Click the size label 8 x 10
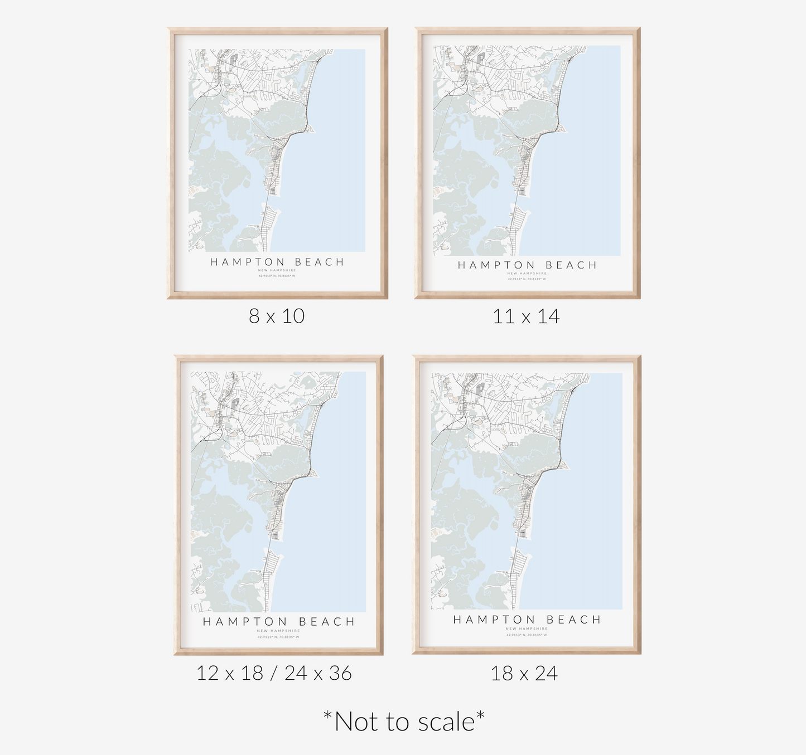(x=277, y=316)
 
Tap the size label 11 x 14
(x=526, y=316)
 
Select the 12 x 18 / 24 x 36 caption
(x=274, y=673)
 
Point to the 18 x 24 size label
(x=524, y=673)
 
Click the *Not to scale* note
(x=404, y=722)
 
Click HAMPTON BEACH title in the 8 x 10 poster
(x=277, y=262)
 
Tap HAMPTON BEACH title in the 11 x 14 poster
(x=527, y=265)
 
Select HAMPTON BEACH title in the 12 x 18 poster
(x=278, y=621)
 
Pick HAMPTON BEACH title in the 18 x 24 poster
(x=527, y=620)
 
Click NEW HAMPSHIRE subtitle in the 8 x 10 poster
(x=277, y=270)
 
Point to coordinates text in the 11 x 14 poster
(x=527, y=279)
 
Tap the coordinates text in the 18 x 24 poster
(x=527, y=635)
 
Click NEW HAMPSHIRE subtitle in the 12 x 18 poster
(x=278, y=631)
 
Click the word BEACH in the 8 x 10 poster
(x=319, y=262)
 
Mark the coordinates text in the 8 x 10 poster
(x=277, y=276)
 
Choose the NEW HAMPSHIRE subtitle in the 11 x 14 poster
(x=527, y=274)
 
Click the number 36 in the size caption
(x=340, y=673)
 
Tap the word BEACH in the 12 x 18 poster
(x=326, y=621)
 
